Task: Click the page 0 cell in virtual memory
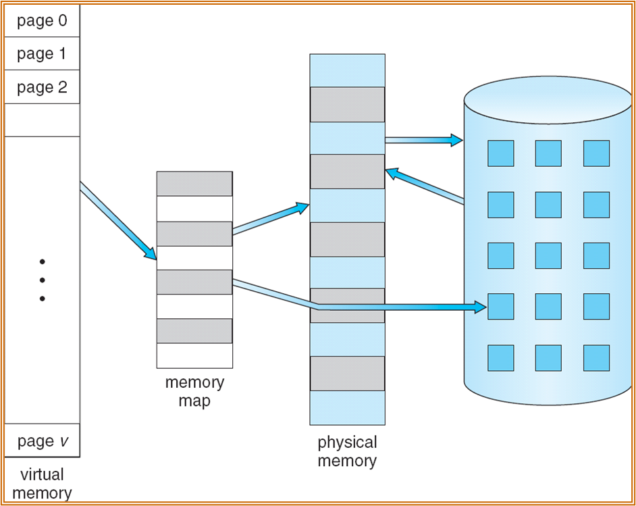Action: coord(42,21)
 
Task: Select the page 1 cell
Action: coord(42,54)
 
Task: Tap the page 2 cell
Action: coord(42,87)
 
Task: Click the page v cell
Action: coord(42,441)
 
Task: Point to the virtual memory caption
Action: coord(42,483)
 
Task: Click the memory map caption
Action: coord(194,391)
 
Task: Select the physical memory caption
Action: coord(347,452)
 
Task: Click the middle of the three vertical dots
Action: coord(42,280)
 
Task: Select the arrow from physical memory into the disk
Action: coord(423,140)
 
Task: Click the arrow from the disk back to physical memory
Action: coord(425,186)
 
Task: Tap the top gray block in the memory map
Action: coord(194,184)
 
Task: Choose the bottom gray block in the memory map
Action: coord(194,331)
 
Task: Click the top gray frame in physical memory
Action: coord(347,104)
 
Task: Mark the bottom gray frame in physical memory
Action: coord(347,374)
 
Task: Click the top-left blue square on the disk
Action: coord(500,153)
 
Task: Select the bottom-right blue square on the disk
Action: coord(596,358)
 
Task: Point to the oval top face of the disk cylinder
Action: coord(548,100)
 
